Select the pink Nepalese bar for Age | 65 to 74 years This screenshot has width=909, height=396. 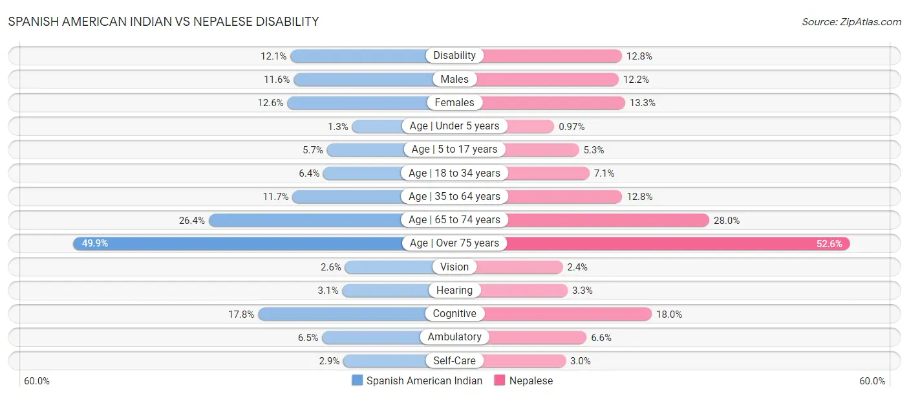(608, 220)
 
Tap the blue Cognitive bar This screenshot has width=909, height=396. (343, 314)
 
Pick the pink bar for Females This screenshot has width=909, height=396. (553, 103)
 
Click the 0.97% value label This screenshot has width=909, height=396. (572, 126)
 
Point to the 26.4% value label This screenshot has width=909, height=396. (192, 220)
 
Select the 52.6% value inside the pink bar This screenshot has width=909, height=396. (829, 244)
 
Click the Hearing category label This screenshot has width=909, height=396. (454, 291)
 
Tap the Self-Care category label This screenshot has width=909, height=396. (454, 361)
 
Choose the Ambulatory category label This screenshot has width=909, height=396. (454, 337)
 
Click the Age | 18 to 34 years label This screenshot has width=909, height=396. (454, 173)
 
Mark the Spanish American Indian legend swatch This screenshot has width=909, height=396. (358, 380)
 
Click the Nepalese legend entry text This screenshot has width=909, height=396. (531, 380)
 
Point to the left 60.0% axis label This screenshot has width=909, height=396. (37, 380)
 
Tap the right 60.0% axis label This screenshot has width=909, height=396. (872, 380)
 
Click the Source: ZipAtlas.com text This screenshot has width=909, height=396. (851, 21)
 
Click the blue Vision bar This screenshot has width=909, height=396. (391, 267)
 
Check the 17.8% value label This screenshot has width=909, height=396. (241, 314)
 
